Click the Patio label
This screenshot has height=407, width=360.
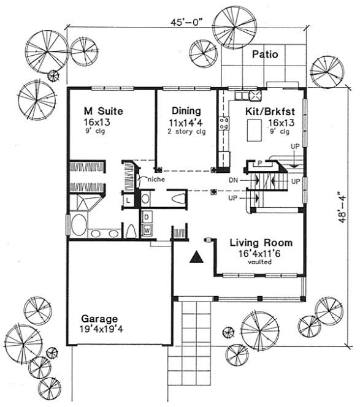tap(265, 55)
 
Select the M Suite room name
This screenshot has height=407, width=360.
tap(104, 112)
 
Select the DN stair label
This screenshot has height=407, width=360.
tap(233, 181)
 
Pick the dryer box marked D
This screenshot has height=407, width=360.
tap(148, 218)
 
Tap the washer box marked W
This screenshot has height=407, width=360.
tap(148, 230)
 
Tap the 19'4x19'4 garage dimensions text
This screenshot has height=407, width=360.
tap(102, 329)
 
